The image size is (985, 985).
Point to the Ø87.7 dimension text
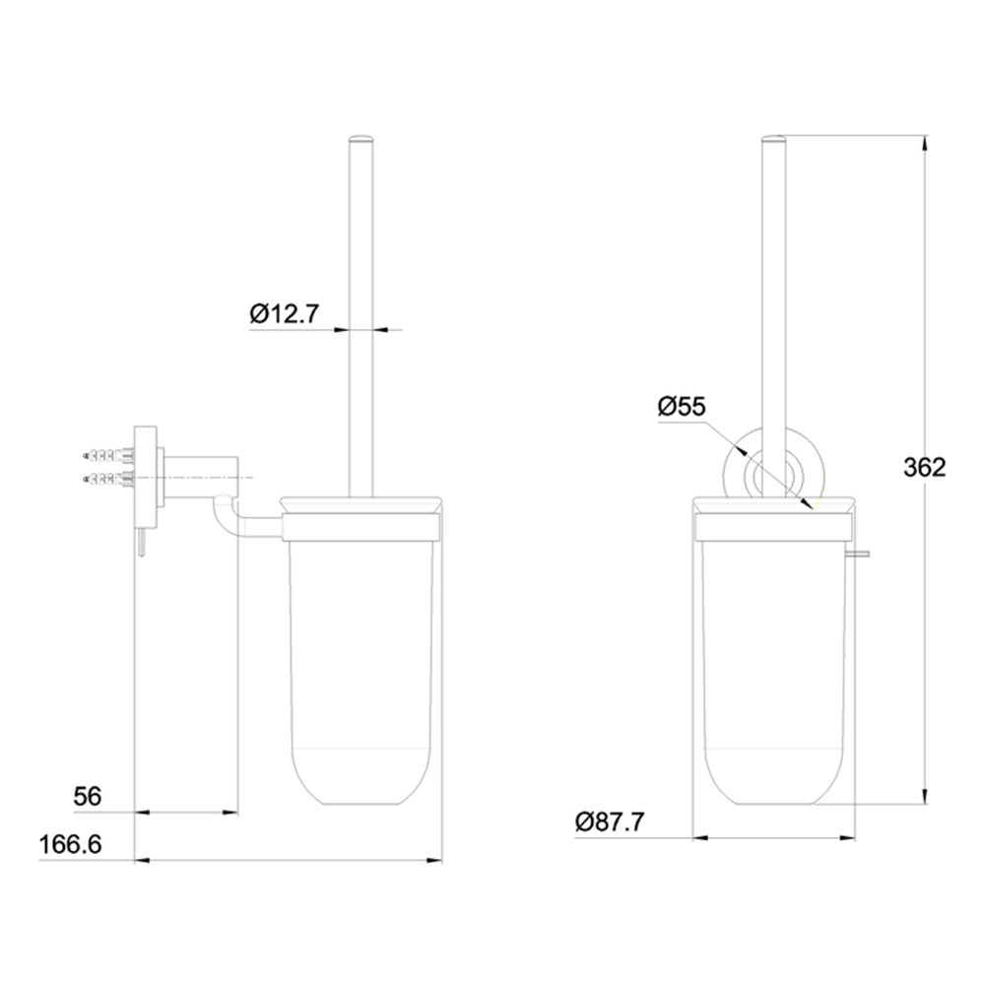(x=610, y=821)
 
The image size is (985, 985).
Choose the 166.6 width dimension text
(x=72, y=845)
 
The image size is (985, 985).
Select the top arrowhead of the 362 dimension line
(x=924, y=144)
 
